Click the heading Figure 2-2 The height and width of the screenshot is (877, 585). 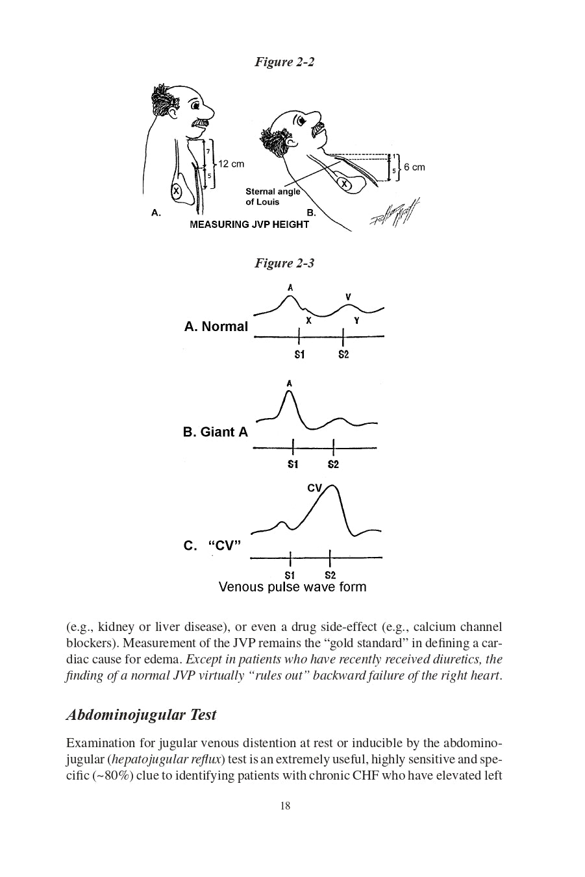coord(284,62)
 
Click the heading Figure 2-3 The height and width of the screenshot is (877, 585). coord(284,263)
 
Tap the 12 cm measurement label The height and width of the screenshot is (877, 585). coord(231,164)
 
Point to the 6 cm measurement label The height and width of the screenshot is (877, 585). coord(414,167)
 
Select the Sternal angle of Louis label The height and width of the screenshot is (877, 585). coord(273,197)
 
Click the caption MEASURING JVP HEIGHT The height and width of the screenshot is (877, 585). coord(249,225)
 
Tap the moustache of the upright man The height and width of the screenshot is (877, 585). coord(199,122)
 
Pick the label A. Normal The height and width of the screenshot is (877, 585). coord(216,327)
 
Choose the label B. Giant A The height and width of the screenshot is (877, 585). coord(215,432)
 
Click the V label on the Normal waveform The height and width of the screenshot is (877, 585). coord(348,297)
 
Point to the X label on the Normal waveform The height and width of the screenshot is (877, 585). coord(309,321)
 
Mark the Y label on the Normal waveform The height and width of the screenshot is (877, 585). coord(356,321)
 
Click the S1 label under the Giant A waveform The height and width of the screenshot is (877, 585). coord(293,464)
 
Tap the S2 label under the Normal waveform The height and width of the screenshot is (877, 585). coord(343,354)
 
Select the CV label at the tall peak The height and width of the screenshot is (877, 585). coord(314,488)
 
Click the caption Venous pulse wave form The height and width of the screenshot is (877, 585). coord(292,587)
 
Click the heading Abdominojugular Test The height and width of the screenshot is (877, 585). coord(141,715)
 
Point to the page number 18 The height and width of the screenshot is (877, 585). coord(285,806)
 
